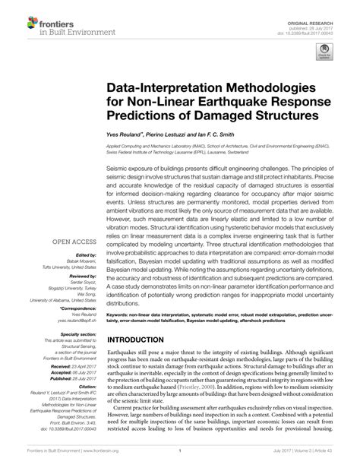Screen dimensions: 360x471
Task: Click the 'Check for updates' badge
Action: click(327, 52)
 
